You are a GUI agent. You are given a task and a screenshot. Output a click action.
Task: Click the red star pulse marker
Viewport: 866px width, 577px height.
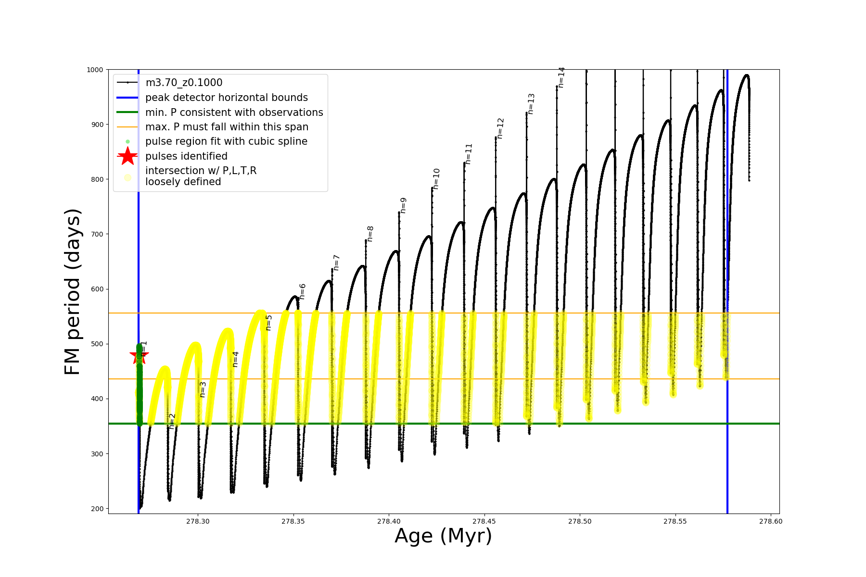(x=139, y=356)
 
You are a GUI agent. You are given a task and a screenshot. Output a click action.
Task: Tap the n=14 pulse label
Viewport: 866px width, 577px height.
(x=561, y=77)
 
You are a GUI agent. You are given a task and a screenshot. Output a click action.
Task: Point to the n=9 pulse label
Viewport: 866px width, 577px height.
(x=404, y=205)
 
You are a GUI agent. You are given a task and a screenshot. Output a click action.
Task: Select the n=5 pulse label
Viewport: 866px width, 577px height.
(x=269, y=323)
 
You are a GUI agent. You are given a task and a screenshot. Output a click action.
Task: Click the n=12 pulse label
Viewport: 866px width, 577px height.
(x=500, y=128)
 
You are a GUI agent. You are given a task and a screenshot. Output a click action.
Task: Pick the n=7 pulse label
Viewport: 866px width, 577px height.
(x=337, y=263)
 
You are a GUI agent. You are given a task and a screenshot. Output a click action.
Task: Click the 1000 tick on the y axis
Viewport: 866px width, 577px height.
(x=95, y=70)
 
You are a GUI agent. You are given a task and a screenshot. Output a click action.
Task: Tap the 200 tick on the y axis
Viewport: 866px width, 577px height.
(x=97, y=509)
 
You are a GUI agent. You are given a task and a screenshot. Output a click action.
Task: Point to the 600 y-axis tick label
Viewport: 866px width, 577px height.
(x=97, y=289)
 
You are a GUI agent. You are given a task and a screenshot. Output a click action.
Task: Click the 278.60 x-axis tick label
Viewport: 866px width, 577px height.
(x=771, y=521)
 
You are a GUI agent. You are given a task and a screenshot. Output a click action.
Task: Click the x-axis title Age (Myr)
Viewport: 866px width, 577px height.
(x=443, y=536)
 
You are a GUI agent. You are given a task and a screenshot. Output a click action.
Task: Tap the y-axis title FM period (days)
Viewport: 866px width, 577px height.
(x=72, y=291)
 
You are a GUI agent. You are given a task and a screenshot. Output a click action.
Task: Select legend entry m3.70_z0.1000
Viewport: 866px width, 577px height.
(x=184, y=83)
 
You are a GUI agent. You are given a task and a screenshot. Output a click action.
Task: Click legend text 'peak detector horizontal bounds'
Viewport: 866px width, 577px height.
(x=226, y=98)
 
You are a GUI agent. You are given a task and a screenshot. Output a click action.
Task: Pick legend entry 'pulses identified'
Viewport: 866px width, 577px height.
(x=186, y=156)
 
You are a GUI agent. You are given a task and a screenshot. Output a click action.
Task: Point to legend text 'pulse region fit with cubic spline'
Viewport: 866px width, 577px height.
(x=226, y=141)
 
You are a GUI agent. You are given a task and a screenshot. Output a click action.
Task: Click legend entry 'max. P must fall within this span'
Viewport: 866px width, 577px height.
(x=227, y=127)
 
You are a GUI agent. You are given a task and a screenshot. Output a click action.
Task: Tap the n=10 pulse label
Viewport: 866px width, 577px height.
(x=436, y=179)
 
